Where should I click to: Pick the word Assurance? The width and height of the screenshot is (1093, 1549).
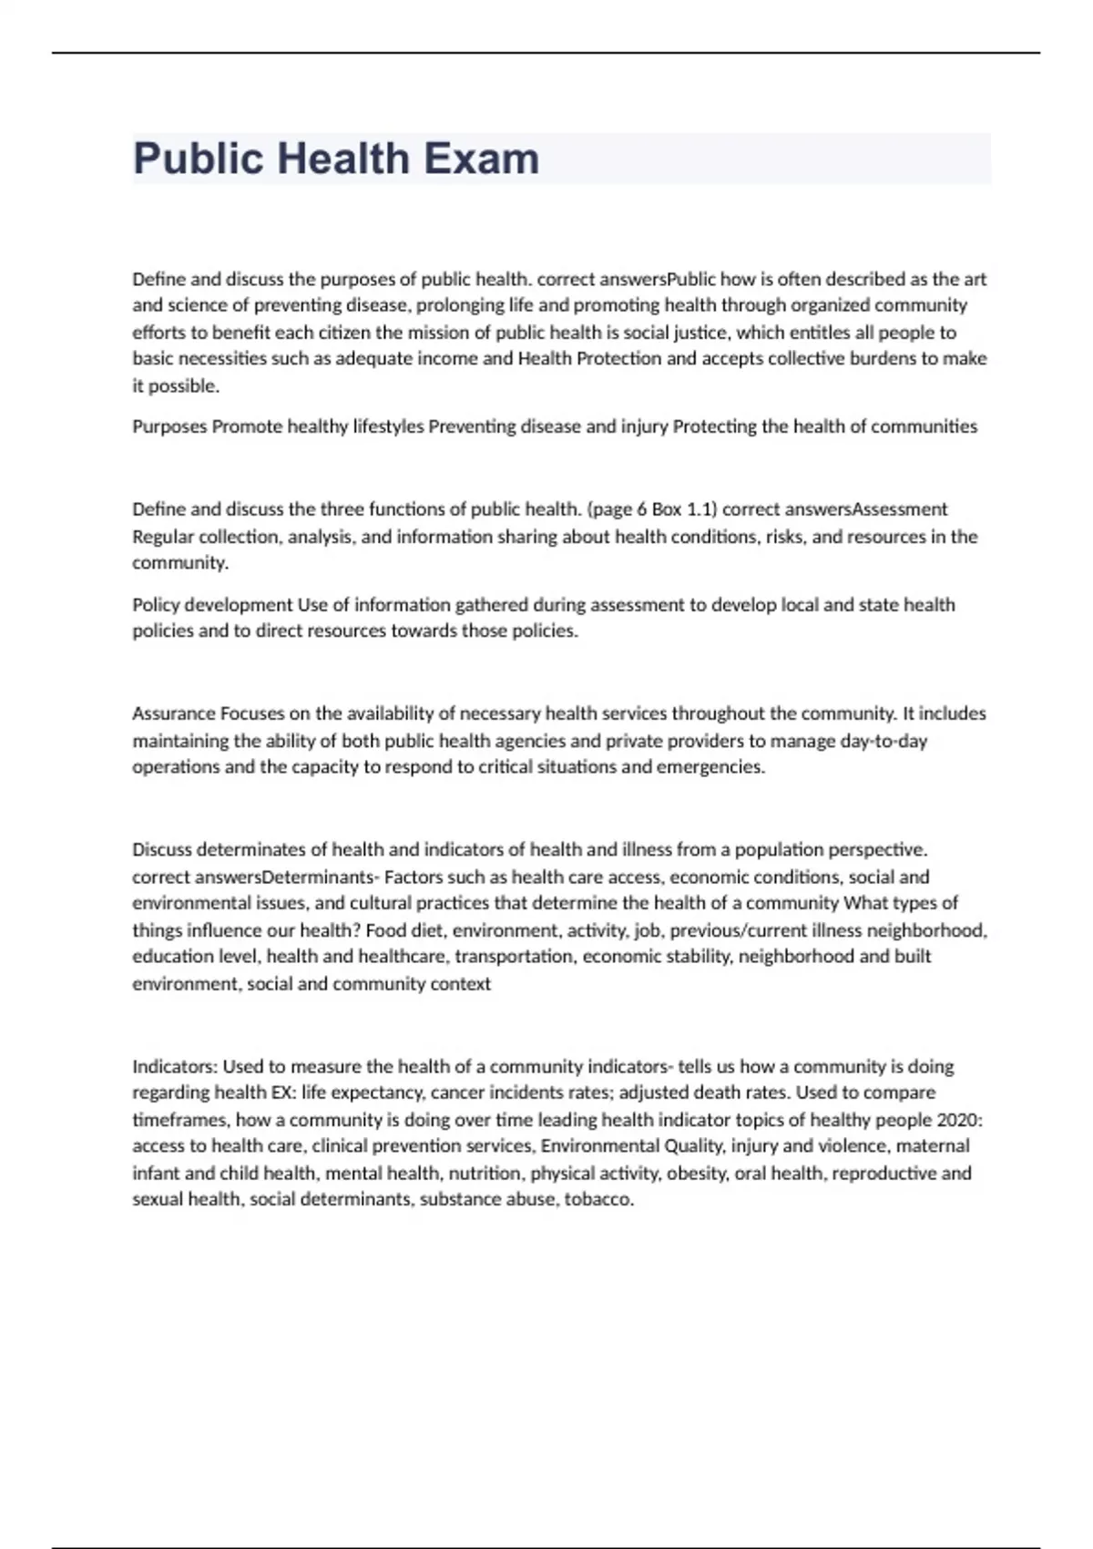[174, 713]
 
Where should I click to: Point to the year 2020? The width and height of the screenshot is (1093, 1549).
[961, 1120]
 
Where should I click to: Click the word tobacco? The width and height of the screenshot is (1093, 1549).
[598, 1200]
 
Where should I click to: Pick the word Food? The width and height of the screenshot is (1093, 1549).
[385, 930]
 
